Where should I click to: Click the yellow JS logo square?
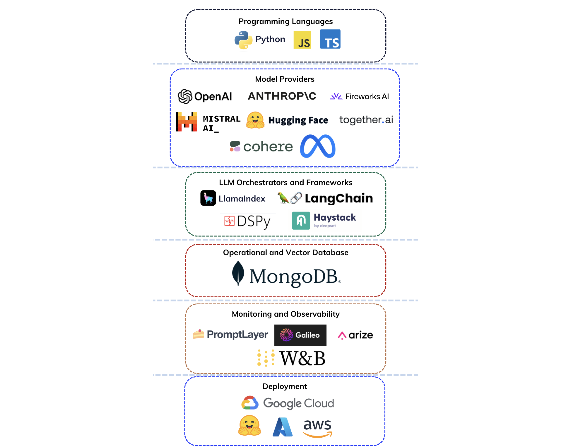pyautogui.click(x=302, y=40)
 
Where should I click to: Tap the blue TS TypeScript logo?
pyautogui.click(x=330, y=39)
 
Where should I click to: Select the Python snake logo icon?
pyautogui.click(x=243, y=40)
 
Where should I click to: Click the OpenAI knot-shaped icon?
pyautogui.click(x=185, y=96)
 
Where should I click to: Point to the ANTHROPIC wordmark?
pyautogui.click(x=282, y=96)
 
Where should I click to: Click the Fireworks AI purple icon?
pyautogui.click(x=336, y=96)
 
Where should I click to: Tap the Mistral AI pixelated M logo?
pyautogui.click(x=187, y=122)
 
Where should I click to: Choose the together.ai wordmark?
pyautogui.click(x=366, y=120)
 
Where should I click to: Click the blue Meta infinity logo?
pyautogui.click(x=318, y=146)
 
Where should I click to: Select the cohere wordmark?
pyautogui.click(x=268, y=147)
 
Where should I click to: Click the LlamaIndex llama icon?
pyautogui.click(x=208, y=198)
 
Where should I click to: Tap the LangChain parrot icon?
pyautogui.click(x=283, y=198)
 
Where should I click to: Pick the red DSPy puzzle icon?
pyautogui.click(x=230, y=221)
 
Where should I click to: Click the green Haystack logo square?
pyautogui.click(x=301, y=221)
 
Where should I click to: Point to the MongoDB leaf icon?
pyautogui.click(x=238, y=273)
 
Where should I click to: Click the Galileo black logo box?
pyautogui.click(x=300, y=335)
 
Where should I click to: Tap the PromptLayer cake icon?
pyautogui.click(x=199, y=334)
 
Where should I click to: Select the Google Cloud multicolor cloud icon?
pyautogui.click(x=250, y=403)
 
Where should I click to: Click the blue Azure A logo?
pyautogui.click(x=283, y=427)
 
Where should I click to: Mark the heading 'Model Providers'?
pyautogui.click(x=285, y=79)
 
